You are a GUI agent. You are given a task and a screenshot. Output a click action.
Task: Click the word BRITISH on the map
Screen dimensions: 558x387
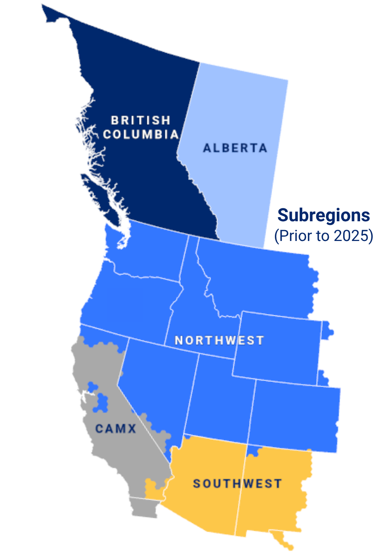tap(141, 120)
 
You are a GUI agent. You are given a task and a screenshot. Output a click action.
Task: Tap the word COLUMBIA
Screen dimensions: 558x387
tap(141, 134)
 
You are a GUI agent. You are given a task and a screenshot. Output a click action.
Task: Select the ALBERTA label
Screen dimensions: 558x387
tap(235, 148)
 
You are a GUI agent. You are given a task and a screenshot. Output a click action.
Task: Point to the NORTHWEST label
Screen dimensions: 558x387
tap(219, 340)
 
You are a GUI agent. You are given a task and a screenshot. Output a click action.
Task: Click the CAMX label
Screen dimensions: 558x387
tap(116, 428)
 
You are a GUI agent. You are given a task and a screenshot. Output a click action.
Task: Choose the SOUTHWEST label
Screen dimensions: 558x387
tap(237, 484)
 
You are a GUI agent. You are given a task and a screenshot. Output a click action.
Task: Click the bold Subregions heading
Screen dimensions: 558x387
tap(324, 215)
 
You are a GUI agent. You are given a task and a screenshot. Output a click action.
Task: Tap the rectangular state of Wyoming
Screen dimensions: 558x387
tap(277, 348)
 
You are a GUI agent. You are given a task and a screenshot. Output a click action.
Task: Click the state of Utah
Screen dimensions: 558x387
tap(219, 398)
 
